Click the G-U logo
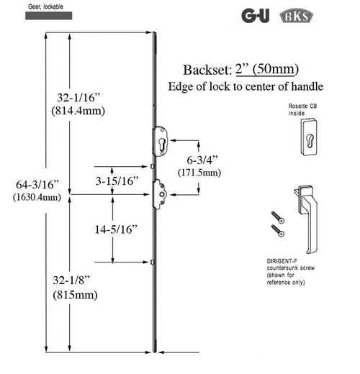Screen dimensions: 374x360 255,15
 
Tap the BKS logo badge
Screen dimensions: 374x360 292,15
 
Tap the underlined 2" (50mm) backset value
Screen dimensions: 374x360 267,69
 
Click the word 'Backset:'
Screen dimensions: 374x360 207,70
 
